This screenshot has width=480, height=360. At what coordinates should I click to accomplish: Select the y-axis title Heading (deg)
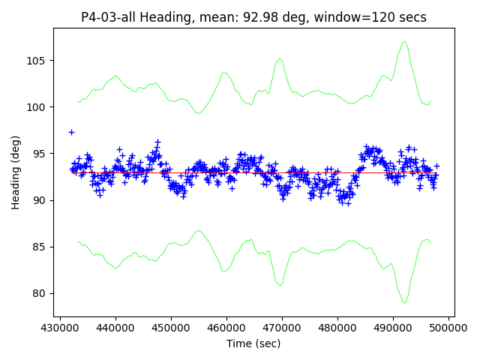click(x=16, y=172)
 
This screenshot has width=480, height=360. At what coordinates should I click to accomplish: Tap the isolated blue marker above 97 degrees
click(x=71, y=132)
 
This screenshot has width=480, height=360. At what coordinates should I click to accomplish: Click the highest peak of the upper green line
click(x=405, y=41)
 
